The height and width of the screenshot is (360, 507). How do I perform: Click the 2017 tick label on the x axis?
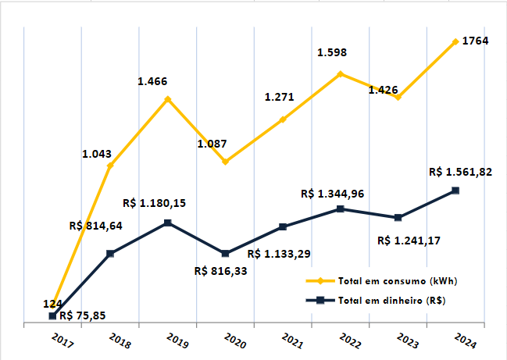pyautogui.click(x=62, y=340)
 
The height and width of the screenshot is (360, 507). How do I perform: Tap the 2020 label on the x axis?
pyautogui.click(x=235, y=340)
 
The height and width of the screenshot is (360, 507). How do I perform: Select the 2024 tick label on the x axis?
pyautogui.click(x=466, y=340)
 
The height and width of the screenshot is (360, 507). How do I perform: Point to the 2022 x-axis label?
pyautogui.click(x=351, y=340)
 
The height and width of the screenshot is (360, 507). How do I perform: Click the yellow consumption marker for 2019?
pyautogui.click(x=168, y=100)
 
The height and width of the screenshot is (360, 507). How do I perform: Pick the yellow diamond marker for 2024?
pyautogui.click(x=455, y=41)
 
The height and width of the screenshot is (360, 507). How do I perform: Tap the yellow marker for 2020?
pyautogui.click(x=225, y=162)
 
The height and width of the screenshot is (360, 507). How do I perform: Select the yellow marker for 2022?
pyautogui.click(x=341, y=74)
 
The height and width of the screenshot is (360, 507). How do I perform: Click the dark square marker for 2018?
pyautogui.click(x=110, y=253)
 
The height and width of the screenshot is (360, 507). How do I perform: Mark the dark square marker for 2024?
pyautogui.click(x=455, y=191)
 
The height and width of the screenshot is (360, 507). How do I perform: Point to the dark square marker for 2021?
pyautogui.click(x=283, y=227)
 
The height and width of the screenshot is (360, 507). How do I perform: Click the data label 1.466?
pyautogui.click(x=152, y=81)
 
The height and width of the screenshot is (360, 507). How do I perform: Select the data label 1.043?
pyautogui.click(x=98, y=153)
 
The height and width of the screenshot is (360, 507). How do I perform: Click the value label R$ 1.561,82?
pyautogui.click(x=460, y=172)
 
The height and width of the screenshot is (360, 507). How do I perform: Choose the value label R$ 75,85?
pyautogui.click(x=83, y=316)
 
